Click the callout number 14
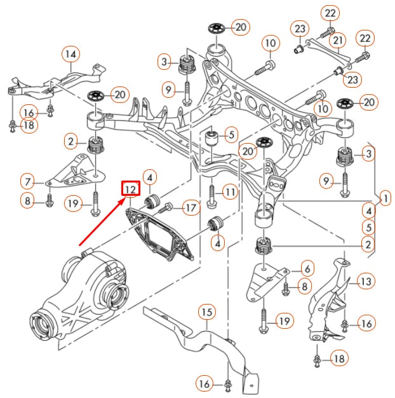coord(70,54)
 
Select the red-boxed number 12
coord(130,189)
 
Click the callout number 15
coord(207,312)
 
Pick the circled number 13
coord(365,281)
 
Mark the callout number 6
coord(306,268)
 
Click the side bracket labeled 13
coord(330,299)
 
